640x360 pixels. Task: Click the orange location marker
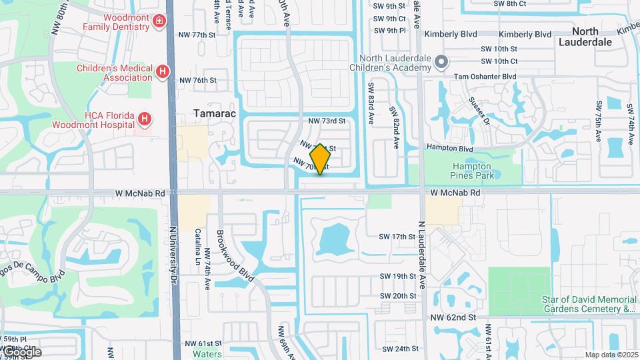(320, 159)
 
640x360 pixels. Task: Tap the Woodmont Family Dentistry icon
(159, 22)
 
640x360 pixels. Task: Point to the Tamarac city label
(211, 113)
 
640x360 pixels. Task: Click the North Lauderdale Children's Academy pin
(441, 63)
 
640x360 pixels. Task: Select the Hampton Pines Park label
(472, 171)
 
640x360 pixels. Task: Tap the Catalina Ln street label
(198, 245)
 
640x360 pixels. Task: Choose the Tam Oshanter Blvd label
(485, 77)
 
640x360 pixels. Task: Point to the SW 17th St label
(397, 237)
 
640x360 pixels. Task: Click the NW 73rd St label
(327, 121)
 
